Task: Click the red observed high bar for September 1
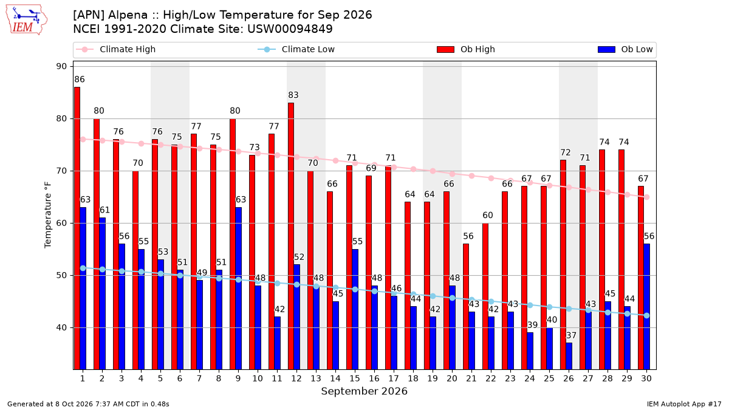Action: [x=77, y=228]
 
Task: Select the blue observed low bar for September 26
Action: [x=569, y=356]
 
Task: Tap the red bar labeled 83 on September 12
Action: [x=291, y=236]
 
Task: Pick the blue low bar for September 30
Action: [x=646, y=307]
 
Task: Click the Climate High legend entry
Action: [x=115, y=49]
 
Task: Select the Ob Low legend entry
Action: [x=625, y=49]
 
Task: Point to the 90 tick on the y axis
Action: [x=61, y=66]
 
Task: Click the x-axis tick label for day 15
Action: [x=355, y=378]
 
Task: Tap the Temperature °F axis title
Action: [x=47, y=215]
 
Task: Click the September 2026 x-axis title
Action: [x=364, y=391]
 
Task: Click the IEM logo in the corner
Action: [x=26, y=20]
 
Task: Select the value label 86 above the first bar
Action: [x=80, y=80]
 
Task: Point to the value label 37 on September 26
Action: [x=571, y=335]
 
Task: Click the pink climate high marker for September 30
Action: [x=646, y=197]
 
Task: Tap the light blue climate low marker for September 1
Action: [x=83, y=268]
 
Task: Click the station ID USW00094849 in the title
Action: [x=290, y=29]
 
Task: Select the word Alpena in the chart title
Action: [x=128, y=15]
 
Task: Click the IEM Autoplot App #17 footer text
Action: [x=684, y=404]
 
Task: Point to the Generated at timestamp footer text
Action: [x=88, y=404]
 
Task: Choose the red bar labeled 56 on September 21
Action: [x=466, y=307]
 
